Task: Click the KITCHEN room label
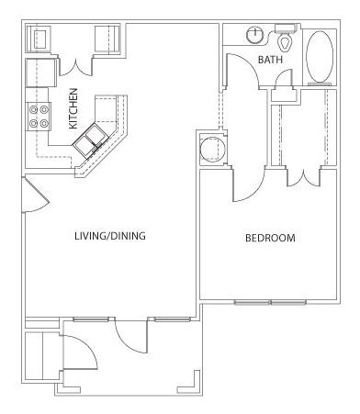pos(73,108)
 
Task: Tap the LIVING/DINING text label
pos(110,236)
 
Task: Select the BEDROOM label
pos(270,238)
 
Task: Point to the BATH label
pos(270,60)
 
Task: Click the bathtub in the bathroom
pos(321,57)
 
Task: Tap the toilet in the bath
pos(286,39)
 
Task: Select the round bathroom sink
pos(254,35)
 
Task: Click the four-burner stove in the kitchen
pos(39,117)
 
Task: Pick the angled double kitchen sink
pos(91,140)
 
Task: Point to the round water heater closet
pos(212,150)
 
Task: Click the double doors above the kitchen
pos(75,66)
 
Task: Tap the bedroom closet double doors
pos(304,177)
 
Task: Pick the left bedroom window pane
pos(253,303)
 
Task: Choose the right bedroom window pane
pos(288,303)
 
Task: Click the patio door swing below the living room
pos(131,336)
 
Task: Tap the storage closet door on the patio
pos(80,352)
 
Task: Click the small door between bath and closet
pos(284,78)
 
